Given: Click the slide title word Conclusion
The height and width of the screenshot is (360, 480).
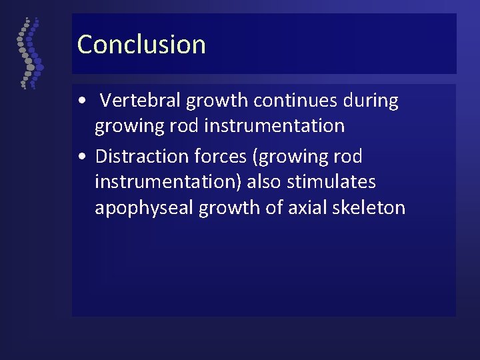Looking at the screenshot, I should click(141, 45).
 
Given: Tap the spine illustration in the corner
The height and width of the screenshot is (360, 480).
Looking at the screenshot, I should click(29, 53).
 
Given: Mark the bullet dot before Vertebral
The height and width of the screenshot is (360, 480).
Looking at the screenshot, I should click(81, 102).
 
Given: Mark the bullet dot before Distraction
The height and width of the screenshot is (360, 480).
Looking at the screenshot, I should click(81, 157).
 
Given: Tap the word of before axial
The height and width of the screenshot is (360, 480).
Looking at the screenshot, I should click(277, 208).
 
